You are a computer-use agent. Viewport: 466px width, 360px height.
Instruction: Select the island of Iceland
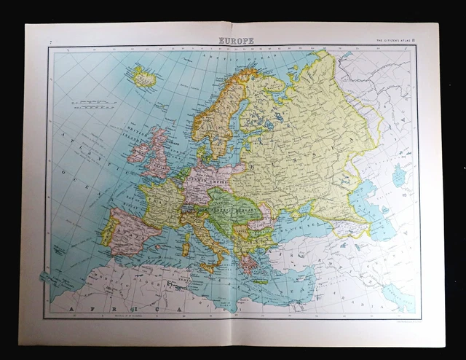[x=143, y=77]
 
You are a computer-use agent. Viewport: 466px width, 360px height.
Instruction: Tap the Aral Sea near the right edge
[x=398, y=176]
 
